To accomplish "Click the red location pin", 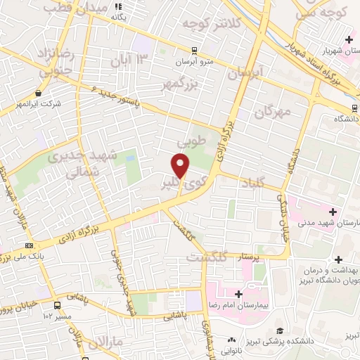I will point(181,166).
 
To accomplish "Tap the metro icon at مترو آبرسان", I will point(194,51).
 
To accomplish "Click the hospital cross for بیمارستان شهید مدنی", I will point(333,212).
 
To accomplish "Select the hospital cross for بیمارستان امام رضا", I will point(239,294).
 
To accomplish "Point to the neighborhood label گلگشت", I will point(207,258).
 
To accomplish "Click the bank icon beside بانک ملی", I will point(29,245).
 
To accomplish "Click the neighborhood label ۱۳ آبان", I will point(130,61).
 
